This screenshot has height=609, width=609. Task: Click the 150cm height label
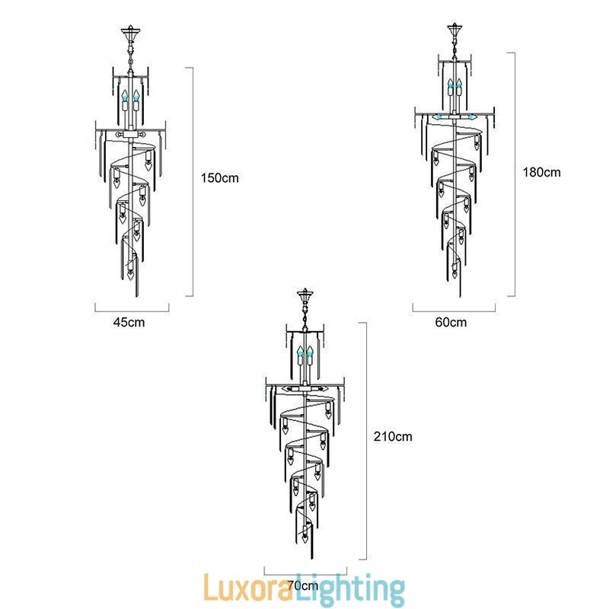[220, 178]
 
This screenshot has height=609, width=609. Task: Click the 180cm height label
[541, 172]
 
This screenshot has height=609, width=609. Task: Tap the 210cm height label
[393, 437]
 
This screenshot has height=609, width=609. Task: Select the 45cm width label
[129, 322]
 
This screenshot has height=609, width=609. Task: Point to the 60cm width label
[451, 322]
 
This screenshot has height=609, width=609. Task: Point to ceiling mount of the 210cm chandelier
[305, 295]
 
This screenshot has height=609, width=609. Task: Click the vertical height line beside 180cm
[515, 174]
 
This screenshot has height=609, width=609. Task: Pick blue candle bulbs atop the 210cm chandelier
[305, 353]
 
